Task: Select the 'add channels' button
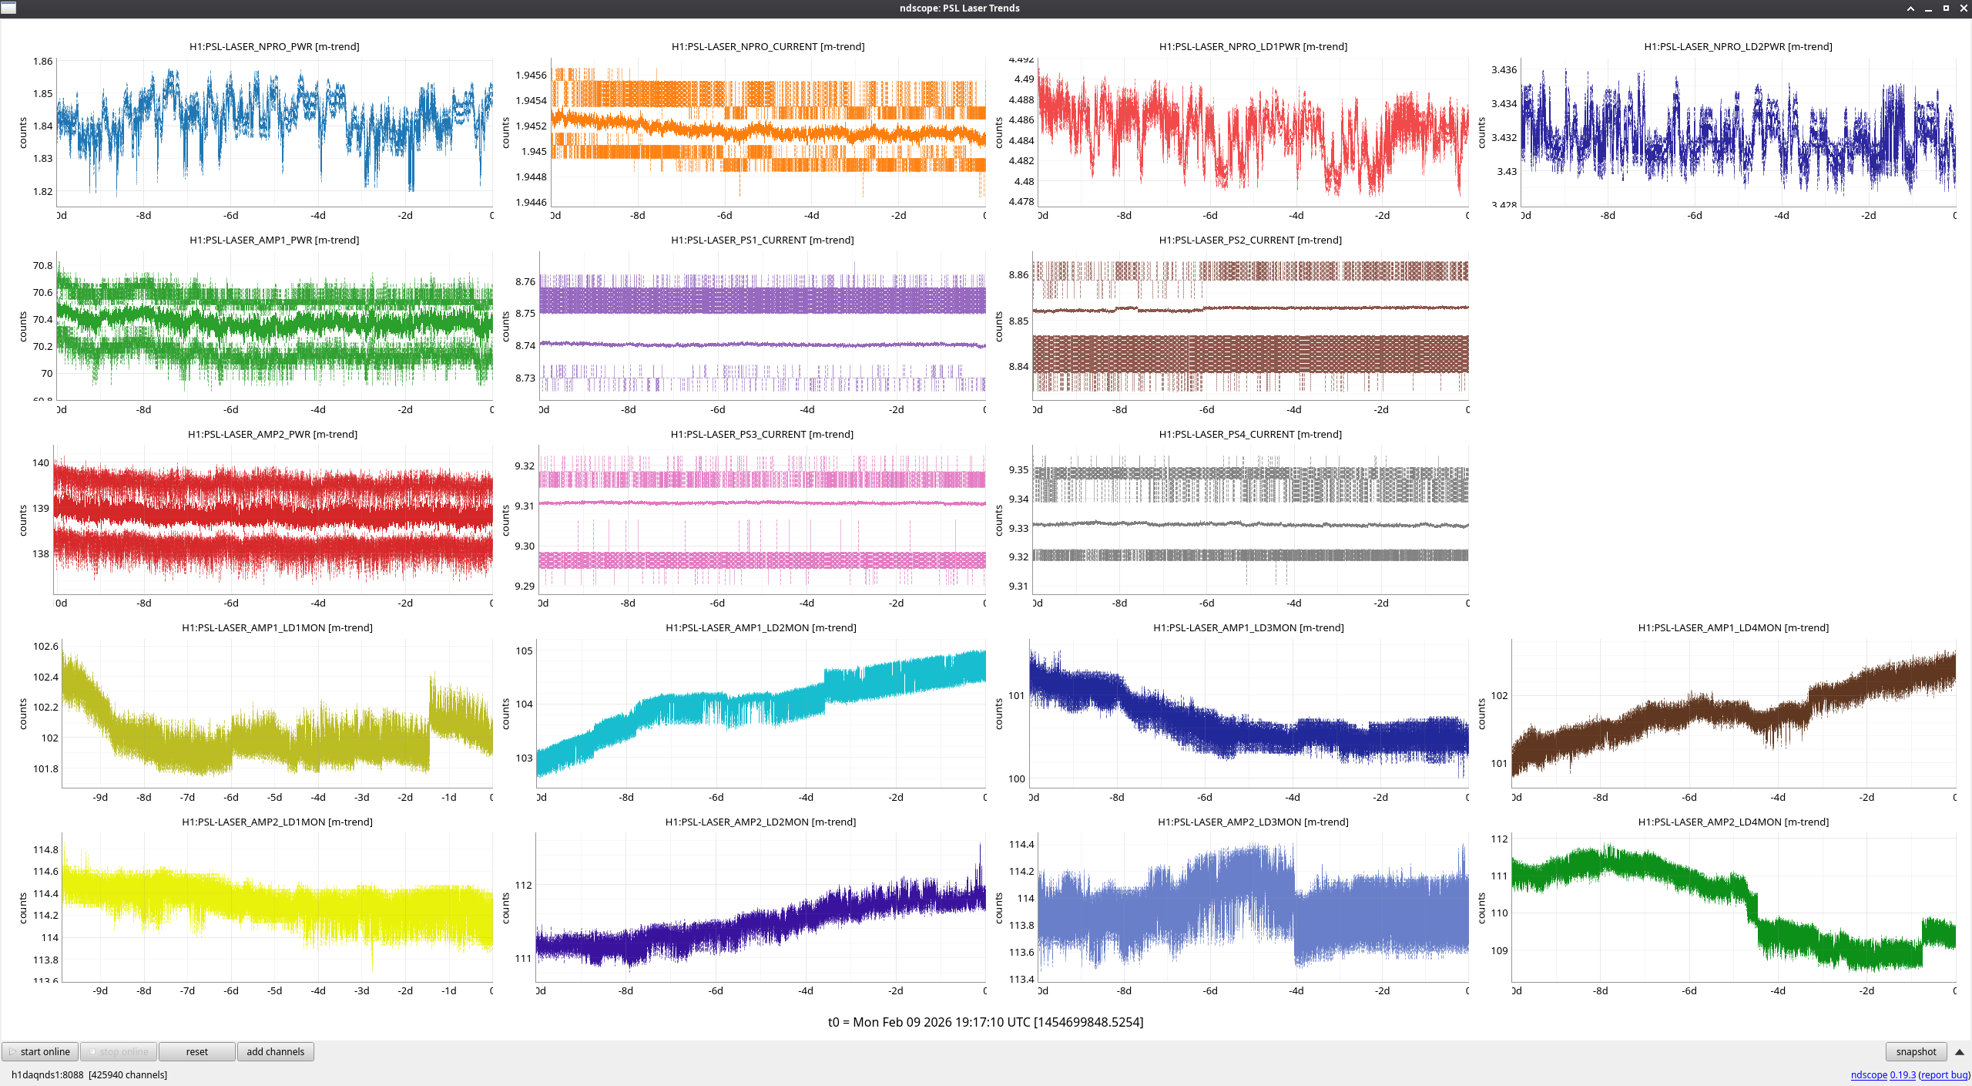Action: coord(275,1051)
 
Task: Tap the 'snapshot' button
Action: coord(1916,1051)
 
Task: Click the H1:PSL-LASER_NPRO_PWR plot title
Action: coord(274,46)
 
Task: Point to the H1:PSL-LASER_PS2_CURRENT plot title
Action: coord(1249,240)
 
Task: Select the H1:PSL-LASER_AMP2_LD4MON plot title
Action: coord(1732,822)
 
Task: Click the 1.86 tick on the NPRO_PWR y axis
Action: coord(43,61)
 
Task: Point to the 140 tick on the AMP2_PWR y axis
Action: coord(41,462)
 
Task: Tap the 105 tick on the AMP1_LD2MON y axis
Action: coord(524,651)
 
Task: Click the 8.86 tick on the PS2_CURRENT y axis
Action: coord(1018,274)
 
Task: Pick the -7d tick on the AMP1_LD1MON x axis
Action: coord(187,797)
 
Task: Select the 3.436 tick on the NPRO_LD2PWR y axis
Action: coord(1504,69)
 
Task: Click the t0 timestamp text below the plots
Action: coord(985,1022)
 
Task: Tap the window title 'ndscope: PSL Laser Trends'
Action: coord(959,8)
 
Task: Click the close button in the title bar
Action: coord(1963,8)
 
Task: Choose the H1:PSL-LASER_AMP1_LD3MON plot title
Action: coord(1248,627)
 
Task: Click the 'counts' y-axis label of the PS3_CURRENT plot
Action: coord(506,520)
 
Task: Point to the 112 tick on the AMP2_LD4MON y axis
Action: coord(1499,839)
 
